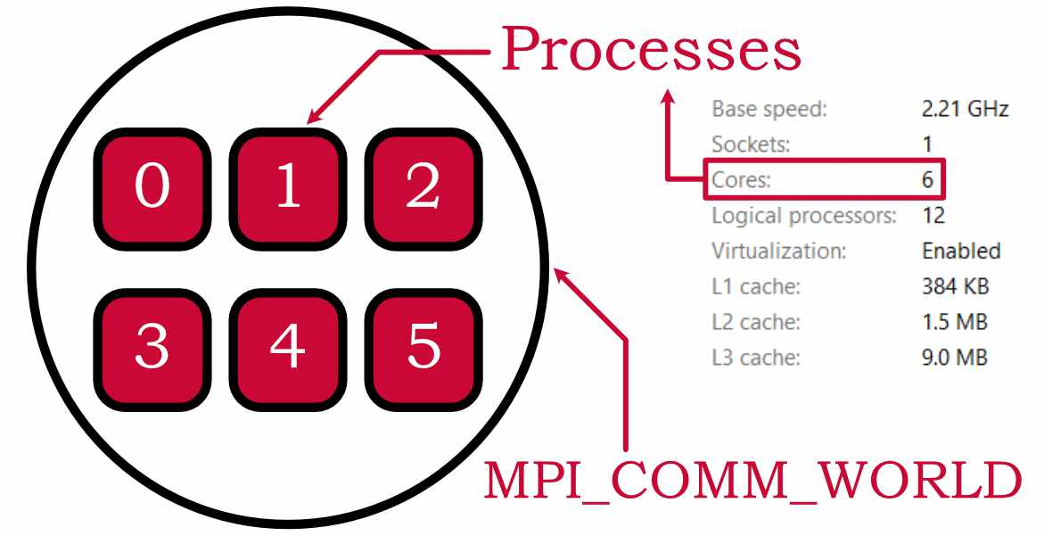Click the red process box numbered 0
pos(152,188)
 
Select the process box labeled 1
pos(287,188)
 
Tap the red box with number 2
pos(423,188)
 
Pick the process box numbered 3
pos(152,346)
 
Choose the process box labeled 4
pos(287,346)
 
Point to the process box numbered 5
pos(423,346)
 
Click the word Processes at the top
pos(651,50)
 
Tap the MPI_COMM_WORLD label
pos(752,482)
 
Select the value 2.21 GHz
pos(965,110)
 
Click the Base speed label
pos(769,110)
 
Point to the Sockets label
pos(751,144)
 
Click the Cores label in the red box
pos(741,180)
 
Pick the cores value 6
pos(927,180)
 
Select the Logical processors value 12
pos(933,216)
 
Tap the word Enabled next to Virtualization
pos(960,251)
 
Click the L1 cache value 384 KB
pos(955,287)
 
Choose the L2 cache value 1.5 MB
pos(955,322)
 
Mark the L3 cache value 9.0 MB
pos(955,358)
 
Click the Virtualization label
pos(778,251)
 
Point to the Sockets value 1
pos(927,144)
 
